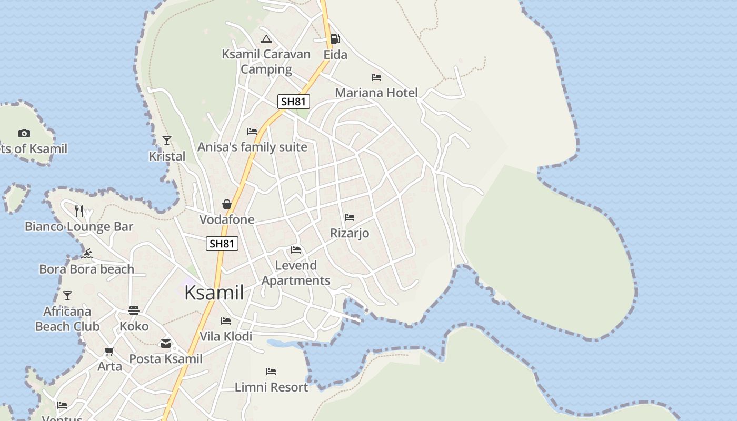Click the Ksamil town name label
point(214,293)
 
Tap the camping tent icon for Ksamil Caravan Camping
point(266,39)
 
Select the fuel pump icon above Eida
point(335,39)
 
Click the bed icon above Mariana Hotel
point(376,77)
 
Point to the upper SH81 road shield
point(294,102)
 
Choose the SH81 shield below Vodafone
point(222,244)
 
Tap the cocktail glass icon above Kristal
point(167,141)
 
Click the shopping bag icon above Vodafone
point(227,204)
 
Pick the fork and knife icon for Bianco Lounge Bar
point(79,211)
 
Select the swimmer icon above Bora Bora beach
point(87,254)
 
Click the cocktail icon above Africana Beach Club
point(67,296)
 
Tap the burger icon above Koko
point(134,310)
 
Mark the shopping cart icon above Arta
point(109,351)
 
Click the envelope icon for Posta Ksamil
point(166,344)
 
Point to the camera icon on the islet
point(24,134)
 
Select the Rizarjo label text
point(350,233)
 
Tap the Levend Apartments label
point(296,273)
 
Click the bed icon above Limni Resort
point(271,372)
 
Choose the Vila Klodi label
point(226,336)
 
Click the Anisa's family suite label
point(252,147)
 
